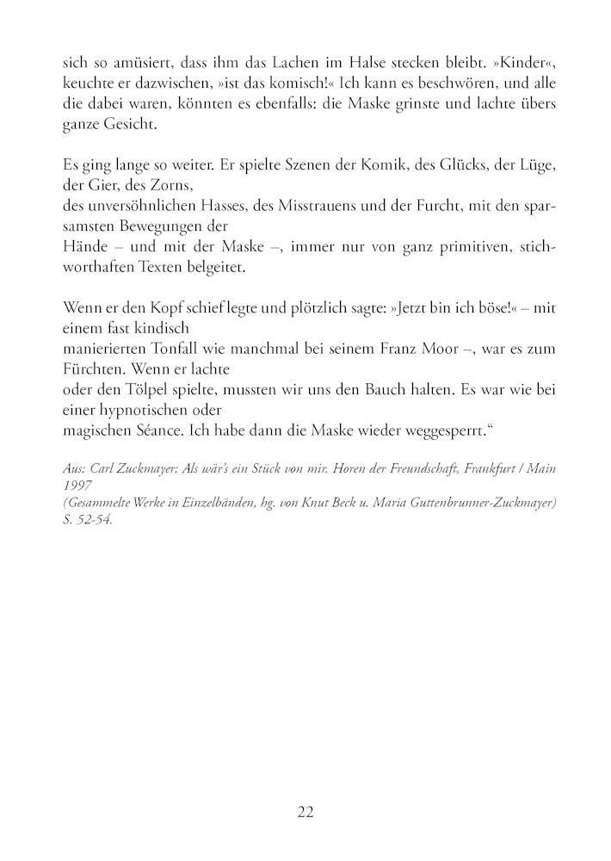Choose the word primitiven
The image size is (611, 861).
click(467, 247)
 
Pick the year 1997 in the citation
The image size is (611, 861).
click(78, 486)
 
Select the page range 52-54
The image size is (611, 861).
click(89, 519)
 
